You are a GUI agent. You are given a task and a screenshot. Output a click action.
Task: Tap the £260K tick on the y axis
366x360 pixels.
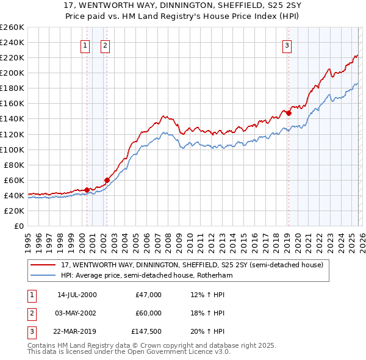pyautogui.click(x=12, y=27)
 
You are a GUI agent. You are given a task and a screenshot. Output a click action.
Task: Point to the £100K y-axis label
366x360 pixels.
pyautogui.click(x=12, y=149)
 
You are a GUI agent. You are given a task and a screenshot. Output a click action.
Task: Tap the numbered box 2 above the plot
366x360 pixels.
pyautogui.click(x=105, y=45)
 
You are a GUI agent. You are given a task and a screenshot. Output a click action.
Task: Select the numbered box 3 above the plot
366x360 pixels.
pyautogui.click(x=287, y=45)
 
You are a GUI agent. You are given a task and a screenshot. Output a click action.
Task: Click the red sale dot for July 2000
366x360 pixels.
pyautogui.click(x=87, y=190)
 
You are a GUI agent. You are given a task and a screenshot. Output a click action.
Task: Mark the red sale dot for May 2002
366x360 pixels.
pyautogui.click(x=107, y=180)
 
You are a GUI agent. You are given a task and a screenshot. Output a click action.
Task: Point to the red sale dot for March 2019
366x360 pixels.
pyautogui.click(x=289, y=113)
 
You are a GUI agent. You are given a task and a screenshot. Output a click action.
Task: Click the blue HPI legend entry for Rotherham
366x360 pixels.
pyautogui.click(x=146, y=275)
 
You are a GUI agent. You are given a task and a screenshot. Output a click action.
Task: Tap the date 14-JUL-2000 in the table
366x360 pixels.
pyautogui.click(x=76, y=295)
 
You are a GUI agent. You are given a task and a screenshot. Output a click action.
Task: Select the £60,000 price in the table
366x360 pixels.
pyautogui.click(x=148, y=313)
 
